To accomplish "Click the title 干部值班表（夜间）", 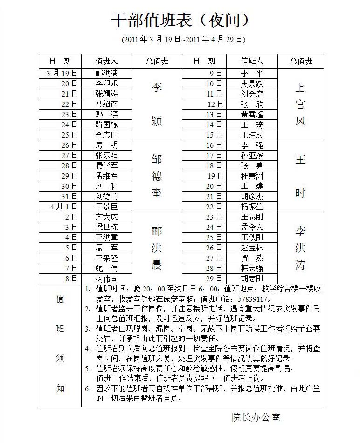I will (x=180, y=20).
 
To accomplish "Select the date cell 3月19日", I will (x=62, y=73).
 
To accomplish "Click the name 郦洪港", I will (x=106, y=73).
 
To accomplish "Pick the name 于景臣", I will (x=106, y=206).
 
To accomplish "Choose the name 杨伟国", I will (x=106, y=278).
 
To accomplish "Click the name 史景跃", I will (x=252, y=84).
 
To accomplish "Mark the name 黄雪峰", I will (x=252, y=115).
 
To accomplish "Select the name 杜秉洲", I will (x=252, y=176).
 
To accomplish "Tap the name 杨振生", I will (x=252, y=207).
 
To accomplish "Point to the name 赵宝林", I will (x=252, y=248).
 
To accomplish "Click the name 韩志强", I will (x=252, y=268).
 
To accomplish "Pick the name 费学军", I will (x=106, y=166).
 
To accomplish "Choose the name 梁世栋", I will (x=106, y=227).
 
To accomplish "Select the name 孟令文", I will (x=252, y=227).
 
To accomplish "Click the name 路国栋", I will (x=106, y=125).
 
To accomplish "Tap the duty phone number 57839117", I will (x=254, y=299).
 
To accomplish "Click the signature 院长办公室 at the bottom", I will (x=256, y=417).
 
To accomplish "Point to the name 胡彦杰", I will (x=252, y=196).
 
